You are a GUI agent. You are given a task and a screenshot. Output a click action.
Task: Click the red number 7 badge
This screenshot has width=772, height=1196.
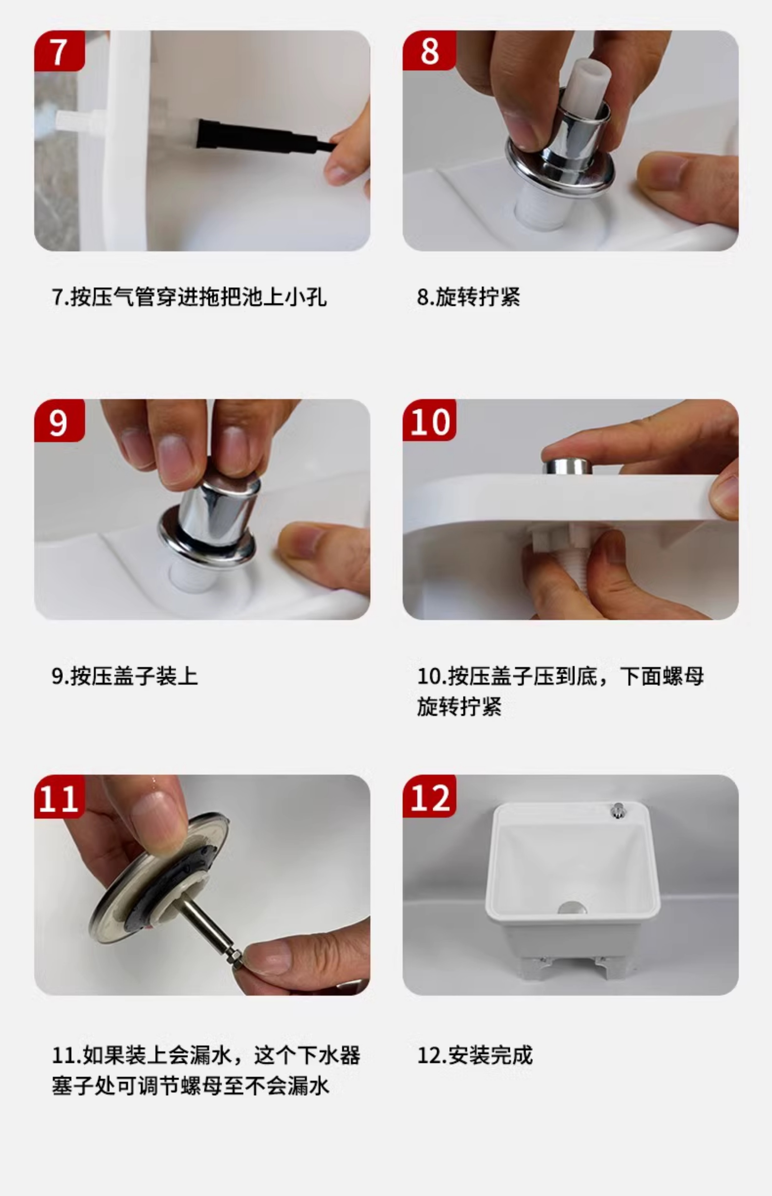tap(59, 51)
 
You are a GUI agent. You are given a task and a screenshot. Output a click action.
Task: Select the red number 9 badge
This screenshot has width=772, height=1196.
tap(59, 420)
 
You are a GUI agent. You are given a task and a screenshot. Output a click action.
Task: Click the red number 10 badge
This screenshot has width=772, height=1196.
tap(429, 420)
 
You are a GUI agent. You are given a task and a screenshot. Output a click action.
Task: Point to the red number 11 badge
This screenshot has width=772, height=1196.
tap(59, 797)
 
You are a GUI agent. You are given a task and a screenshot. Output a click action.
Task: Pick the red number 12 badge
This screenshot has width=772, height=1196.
tap(429, 796)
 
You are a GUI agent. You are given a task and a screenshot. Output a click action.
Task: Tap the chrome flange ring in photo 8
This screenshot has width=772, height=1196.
tap(559, 170)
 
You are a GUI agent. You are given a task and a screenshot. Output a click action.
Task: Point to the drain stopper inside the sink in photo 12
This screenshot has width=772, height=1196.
tap(572, 907)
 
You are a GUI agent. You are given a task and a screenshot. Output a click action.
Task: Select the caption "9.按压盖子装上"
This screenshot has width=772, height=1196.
tap(125, 676)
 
